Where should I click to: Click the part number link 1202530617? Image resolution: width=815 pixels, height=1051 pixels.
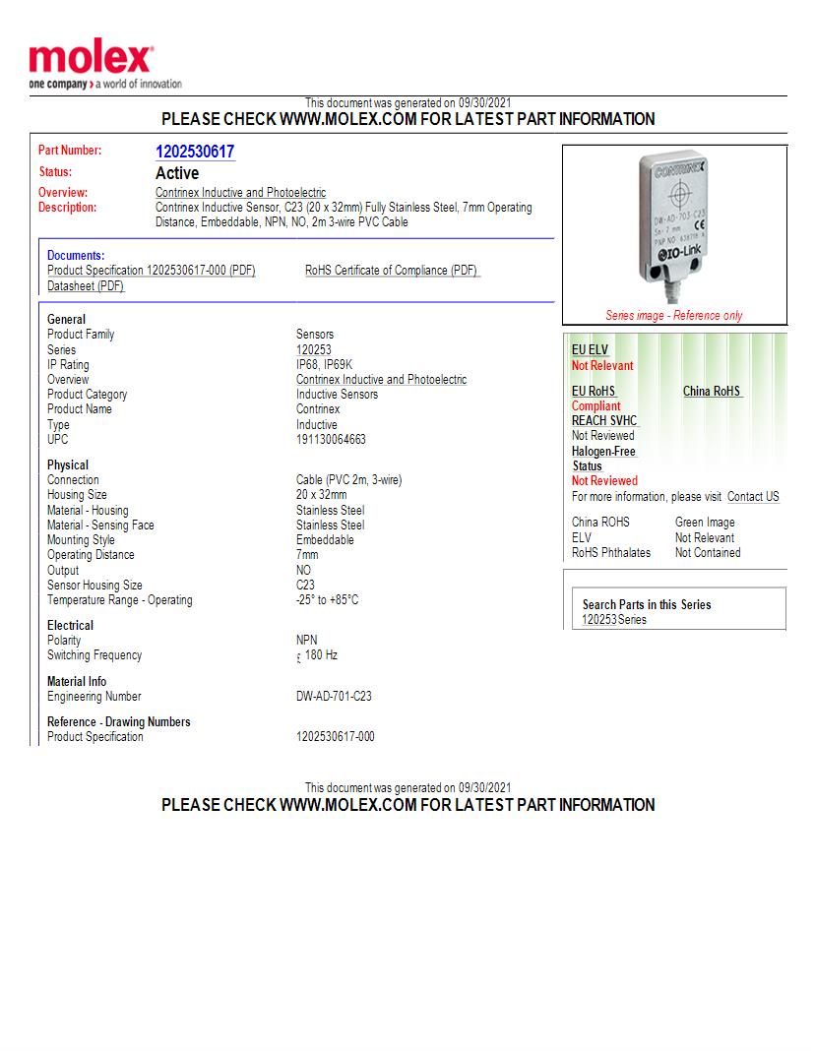(x=195, y=152)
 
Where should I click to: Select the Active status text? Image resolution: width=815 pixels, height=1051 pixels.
(x=177, y=173)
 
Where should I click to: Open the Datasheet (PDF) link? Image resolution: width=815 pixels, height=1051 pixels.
(x=86, y=285)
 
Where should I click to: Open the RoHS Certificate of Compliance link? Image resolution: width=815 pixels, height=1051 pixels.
(x=392, y=271)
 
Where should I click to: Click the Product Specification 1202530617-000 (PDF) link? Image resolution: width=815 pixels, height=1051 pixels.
(x=152, y=271)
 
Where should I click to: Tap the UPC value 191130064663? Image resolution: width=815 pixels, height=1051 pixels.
(x=331, y=440)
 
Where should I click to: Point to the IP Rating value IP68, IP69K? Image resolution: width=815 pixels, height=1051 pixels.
(x=324, y=365)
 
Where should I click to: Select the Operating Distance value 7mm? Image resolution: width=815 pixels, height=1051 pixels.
(x=307, y=555)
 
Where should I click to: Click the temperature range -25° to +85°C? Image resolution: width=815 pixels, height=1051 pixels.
(x=327, y=600)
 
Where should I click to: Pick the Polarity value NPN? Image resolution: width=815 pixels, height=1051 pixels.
(x=307, y=641)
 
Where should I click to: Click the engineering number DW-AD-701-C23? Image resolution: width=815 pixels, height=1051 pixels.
(x=334, y=697)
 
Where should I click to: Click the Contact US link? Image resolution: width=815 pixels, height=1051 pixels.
(x=753, y=497)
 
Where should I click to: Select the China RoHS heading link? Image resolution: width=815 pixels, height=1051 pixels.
(x=712, y=392)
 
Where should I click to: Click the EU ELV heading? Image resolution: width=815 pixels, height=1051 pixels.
(x=591, y=350)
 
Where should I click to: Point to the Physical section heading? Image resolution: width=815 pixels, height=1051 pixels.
(x=68, y=465)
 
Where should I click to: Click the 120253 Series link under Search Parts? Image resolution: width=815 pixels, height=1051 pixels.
(x=599, y=620)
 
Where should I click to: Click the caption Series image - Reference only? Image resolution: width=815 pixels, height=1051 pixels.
(x=674, y=316)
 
